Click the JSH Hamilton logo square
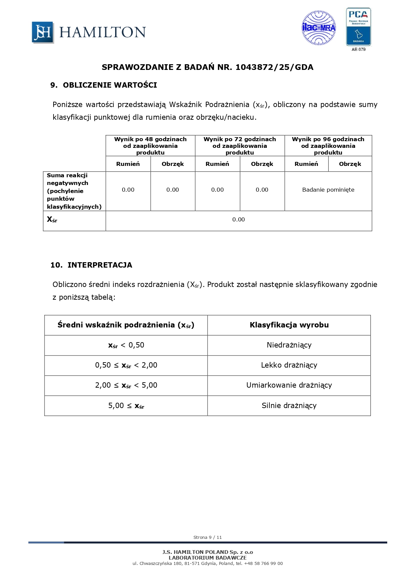click(x=43, y=32)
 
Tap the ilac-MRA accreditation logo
click(x=319, y=28)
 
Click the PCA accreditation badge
click(x=358, y=27)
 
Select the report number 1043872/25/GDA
click(x=274, y=67)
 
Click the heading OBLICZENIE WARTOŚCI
click(x=110, y=85)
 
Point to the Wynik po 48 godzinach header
click(x=150, y=146)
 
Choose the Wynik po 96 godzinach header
click(x=328, y=146)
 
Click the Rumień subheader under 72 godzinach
click(x=217, y=164)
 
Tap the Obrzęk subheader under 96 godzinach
click(x=350, y=164)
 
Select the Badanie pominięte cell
click(x=328, y=190)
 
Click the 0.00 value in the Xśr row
click(x=238, y=219)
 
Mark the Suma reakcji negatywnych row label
click(x=74, y=191)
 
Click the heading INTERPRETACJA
click(x=100, y=265)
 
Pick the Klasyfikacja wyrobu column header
click(x=289, y=325)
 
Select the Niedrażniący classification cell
click(x=289, y=345)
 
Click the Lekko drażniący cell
click(x=289, y=365)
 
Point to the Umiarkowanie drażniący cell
click(x=289, y=385)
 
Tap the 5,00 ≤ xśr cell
click(x=126, y=406)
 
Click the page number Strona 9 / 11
click(x=207, y=537)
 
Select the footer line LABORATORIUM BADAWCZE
click(x=207, y=558)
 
